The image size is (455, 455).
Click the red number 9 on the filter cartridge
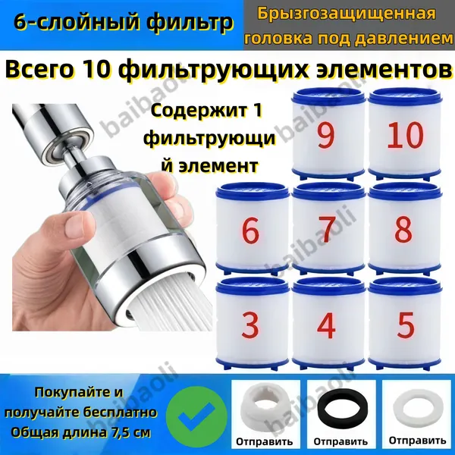[x=325, y=135]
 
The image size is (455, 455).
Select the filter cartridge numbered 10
[x=405, y=134]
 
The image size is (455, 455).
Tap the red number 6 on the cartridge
[x=250, y=231]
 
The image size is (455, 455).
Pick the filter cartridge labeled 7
[x=328, y=229]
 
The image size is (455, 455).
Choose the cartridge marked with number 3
[x=252, y=324]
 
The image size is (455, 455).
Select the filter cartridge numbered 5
[x=405, y=324]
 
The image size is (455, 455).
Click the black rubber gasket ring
[x=343, y=407]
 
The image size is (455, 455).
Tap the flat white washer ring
[x=418, y=406]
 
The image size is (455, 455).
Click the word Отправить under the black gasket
[x=340, y=442]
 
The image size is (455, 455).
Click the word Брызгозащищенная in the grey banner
[x=347, y=14]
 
